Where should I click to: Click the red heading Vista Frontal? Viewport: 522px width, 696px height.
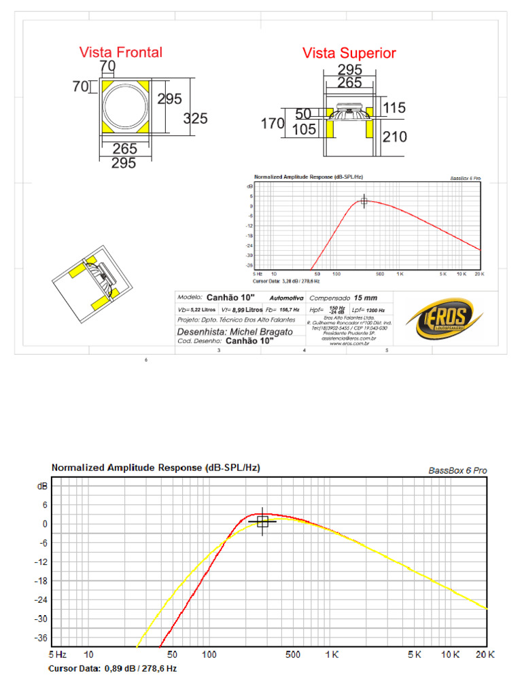120,52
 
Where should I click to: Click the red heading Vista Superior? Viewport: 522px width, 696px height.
349,53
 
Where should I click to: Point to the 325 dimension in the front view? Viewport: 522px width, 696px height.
195,118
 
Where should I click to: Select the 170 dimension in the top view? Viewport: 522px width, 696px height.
273,124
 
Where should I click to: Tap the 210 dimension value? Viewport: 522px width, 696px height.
394,137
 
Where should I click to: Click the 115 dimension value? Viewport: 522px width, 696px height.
394,107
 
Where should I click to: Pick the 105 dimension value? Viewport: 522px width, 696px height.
304,129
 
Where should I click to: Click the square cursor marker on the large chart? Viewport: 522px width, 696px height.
263,521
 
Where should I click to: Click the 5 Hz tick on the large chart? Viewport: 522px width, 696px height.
57,655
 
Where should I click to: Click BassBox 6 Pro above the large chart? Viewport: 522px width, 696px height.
457,470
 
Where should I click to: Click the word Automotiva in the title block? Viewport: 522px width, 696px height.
286,298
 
